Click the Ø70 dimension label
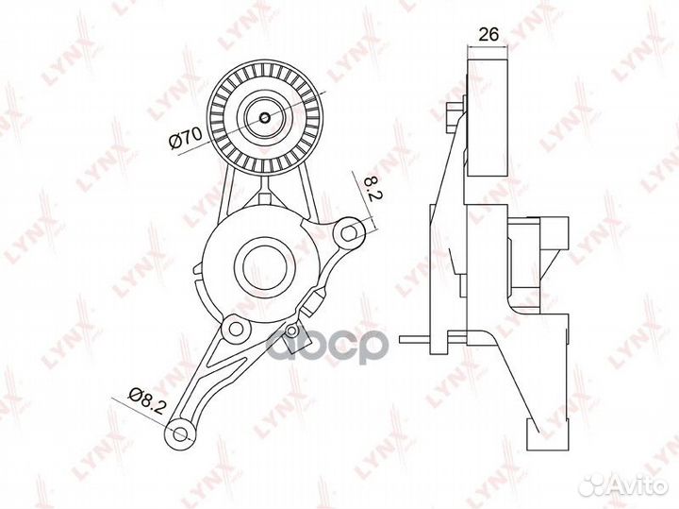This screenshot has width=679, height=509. pos(186,138)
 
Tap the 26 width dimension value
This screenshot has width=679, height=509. pos(489,34)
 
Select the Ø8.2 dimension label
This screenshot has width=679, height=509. pos(147,400)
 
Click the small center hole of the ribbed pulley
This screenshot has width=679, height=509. pos(265,117)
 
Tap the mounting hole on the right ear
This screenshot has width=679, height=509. pos(349,233)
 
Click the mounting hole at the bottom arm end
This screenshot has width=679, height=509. pos(180,433)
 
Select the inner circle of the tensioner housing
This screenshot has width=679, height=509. pos(265,266)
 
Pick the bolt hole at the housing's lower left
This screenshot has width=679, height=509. pos(236,329)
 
